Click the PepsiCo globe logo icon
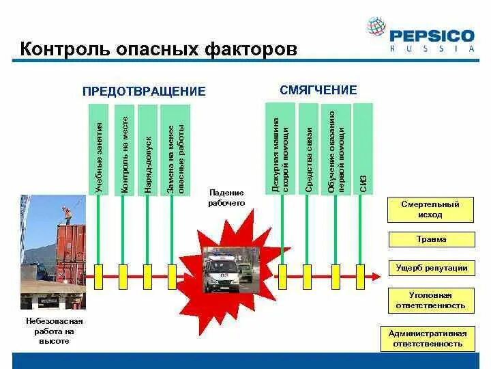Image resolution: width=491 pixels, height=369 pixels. click(x=376, y=27)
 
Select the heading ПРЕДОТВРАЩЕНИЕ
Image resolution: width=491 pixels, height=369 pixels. click(x=144, y=92)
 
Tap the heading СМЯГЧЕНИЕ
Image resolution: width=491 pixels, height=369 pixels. click(x=318, y=90)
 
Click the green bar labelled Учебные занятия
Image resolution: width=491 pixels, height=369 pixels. click(x=99, y=149)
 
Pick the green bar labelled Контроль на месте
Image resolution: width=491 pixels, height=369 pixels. click(x=124, y=149)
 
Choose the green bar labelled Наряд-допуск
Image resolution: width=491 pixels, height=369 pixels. click(x=147, y=149)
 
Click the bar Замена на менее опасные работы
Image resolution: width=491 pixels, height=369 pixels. click(x=176, y=149)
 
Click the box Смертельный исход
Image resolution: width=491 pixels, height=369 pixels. click(x=430, y=210)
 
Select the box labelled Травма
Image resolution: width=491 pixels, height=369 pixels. click(x=430, y=240)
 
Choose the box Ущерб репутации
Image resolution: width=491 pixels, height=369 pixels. click(x=430, y=268)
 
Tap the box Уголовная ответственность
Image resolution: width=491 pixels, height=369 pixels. click(x=430, y=301)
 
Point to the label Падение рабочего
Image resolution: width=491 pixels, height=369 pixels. click(x=226, y=198)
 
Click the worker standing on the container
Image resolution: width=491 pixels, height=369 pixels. click(x=67, y=213)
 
